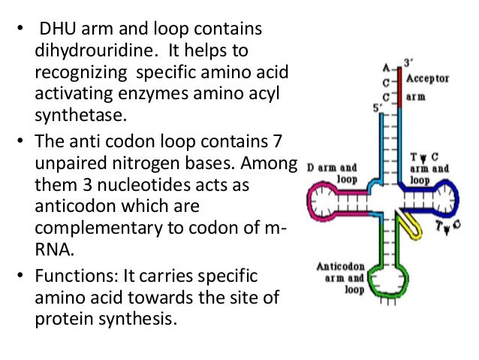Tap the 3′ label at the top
pos(408,62)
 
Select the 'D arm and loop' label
pos(333,173)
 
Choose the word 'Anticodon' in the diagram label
pos(340,266)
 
